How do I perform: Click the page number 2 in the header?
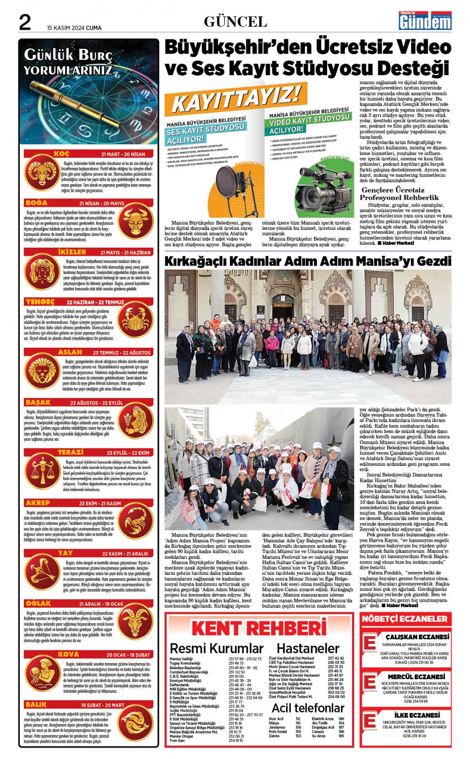24,23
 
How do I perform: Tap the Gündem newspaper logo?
425,21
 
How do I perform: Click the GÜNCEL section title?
235,22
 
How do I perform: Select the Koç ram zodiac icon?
41,172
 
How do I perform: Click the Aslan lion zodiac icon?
41,372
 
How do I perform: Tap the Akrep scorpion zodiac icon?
135,521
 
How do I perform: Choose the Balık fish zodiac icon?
135,723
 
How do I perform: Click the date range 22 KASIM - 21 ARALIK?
125,554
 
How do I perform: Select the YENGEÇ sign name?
40,302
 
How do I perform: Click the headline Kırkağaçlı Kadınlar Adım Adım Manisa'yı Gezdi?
308,261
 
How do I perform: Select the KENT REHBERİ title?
259,628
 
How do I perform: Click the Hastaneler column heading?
308,649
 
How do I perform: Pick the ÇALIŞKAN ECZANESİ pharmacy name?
410,637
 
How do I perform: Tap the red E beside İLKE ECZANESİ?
370,721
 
